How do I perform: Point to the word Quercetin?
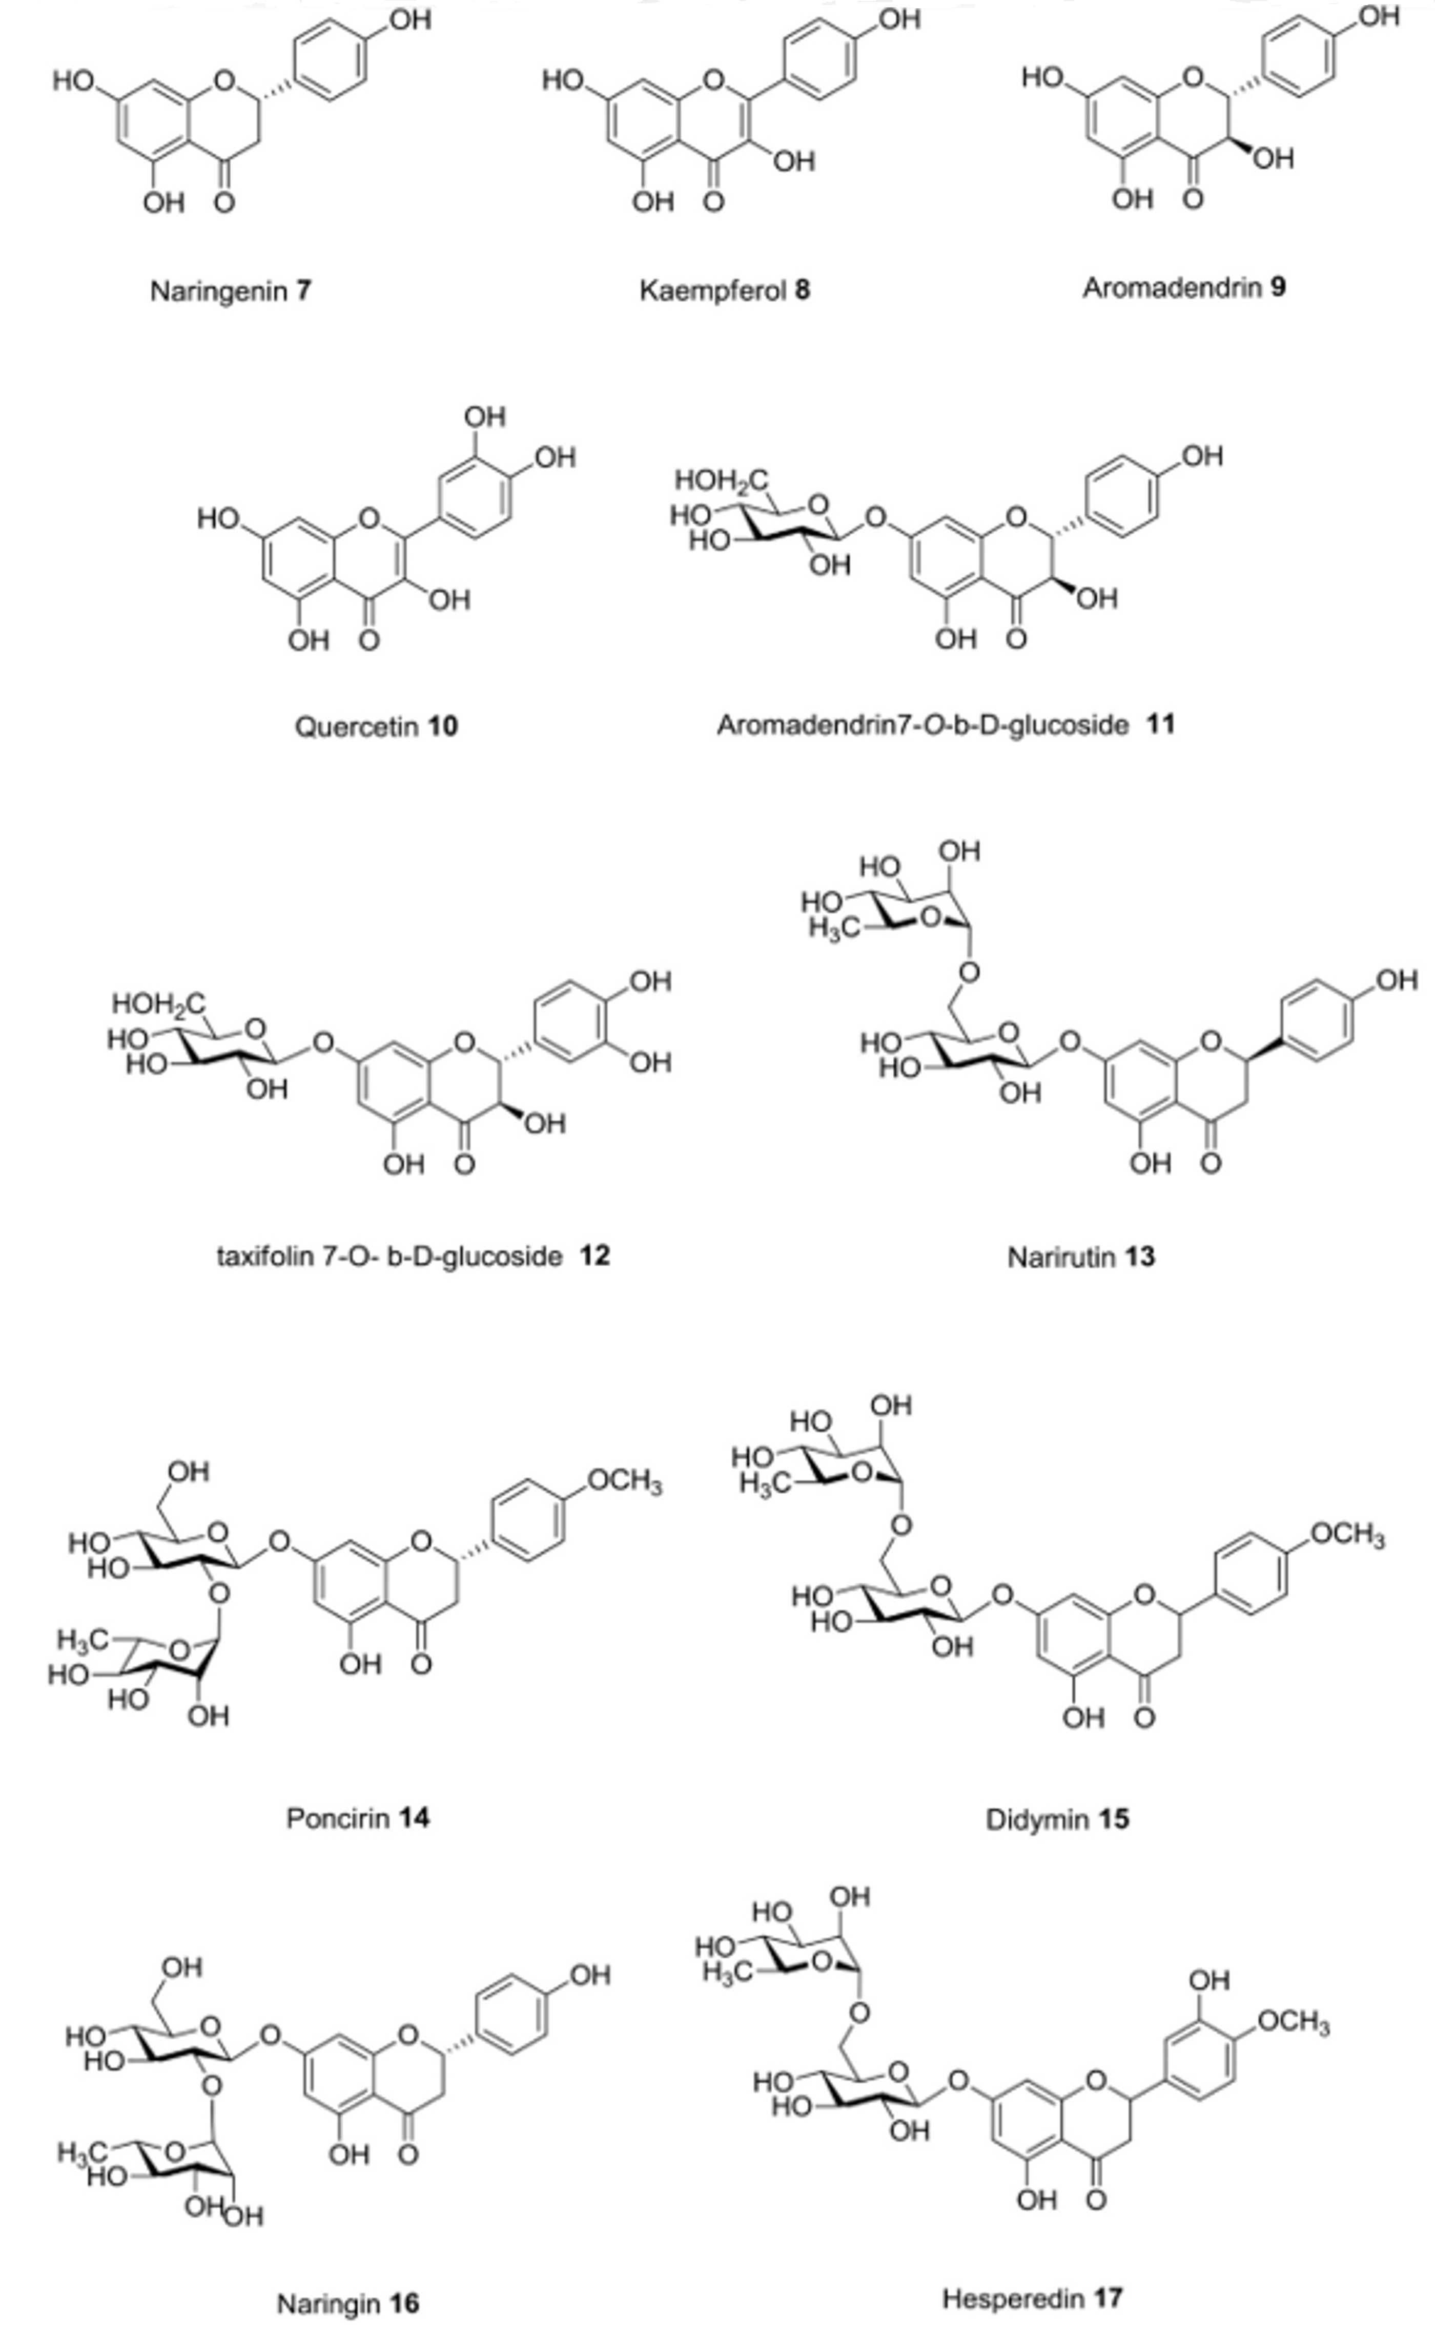tap(356, 727)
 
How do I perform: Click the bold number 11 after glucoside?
tap(1160, 725)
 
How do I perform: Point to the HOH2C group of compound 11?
tap(721, 481)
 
